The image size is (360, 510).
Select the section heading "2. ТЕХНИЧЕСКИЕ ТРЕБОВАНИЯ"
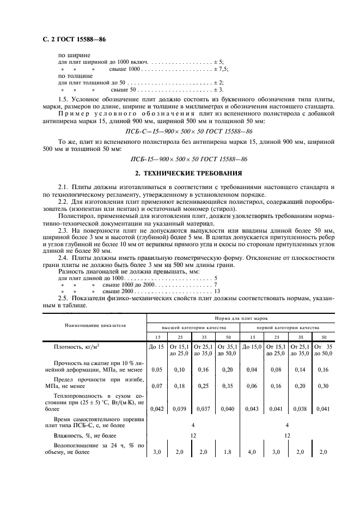click(x=188, y=174)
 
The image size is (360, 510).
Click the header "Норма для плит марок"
click(x=241, y=318)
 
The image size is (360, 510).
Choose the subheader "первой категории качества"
click(x=287, y=328)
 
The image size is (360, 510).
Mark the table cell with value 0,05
click(x=157, y=369)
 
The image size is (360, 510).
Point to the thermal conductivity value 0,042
click(x=157, y=408)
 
